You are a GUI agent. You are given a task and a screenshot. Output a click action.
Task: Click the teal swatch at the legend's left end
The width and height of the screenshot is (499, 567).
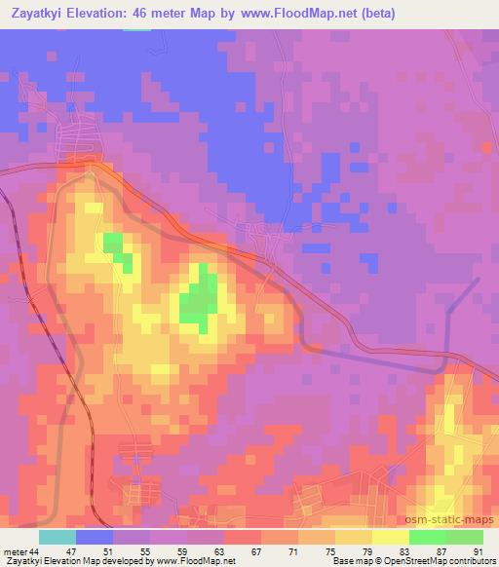coord(58,537)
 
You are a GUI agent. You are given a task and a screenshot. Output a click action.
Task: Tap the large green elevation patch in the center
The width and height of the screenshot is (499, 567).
coord(199,304)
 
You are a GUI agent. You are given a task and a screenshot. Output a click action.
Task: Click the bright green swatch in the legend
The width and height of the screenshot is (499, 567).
coord(427,537)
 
